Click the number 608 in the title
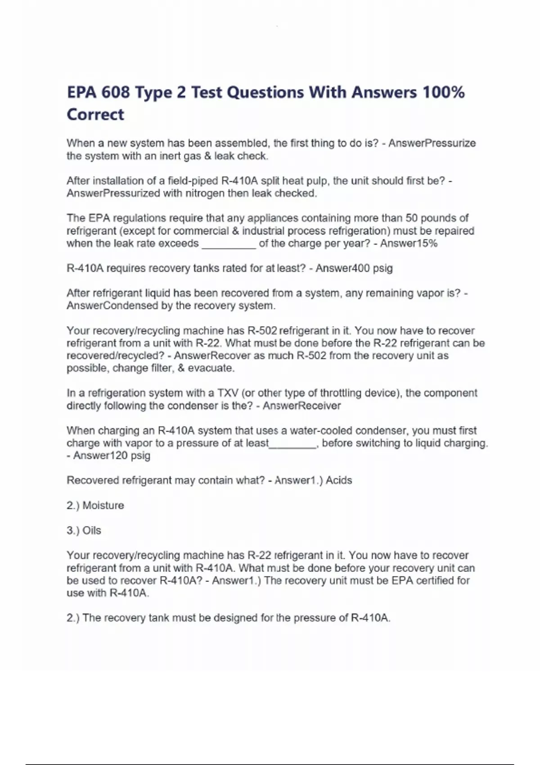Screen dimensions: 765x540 coord(115,93)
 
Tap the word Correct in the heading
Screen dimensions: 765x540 coord(95,115)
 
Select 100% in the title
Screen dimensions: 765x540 coord(444,93)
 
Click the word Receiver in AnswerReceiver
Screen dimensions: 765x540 coord(320,406)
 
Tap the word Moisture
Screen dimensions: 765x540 coord(103,505)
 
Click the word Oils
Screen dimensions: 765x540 coord(92,531)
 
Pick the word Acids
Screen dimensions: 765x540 coord(339,481)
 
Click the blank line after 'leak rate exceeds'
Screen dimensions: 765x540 coord(229,246)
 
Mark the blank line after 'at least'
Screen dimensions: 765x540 coord(292,445)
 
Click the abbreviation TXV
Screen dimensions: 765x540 coord(228,393)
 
